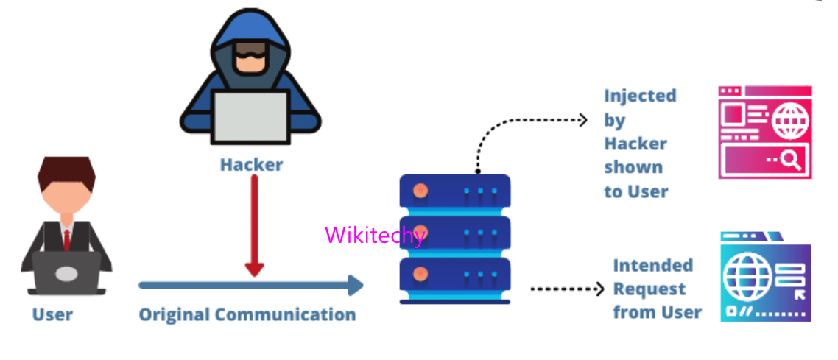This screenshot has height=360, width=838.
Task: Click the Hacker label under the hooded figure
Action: point(251,164)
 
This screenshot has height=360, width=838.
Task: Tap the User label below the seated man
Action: point(52,314)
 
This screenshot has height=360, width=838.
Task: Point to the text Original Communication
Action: point(247,314)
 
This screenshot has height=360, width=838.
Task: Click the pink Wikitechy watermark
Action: point(375,235)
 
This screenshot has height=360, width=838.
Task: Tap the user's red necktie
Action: point(66,239)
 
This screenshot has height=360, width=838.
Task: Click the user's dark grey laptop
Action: point(66,273)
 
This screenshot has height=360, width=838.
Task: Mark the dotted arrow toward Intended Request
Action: point(567,289)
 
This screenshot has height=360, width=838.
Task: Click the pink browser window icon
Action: point(764,132)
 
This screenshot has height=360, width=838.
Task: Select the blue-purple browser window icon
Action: point(764,278)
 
